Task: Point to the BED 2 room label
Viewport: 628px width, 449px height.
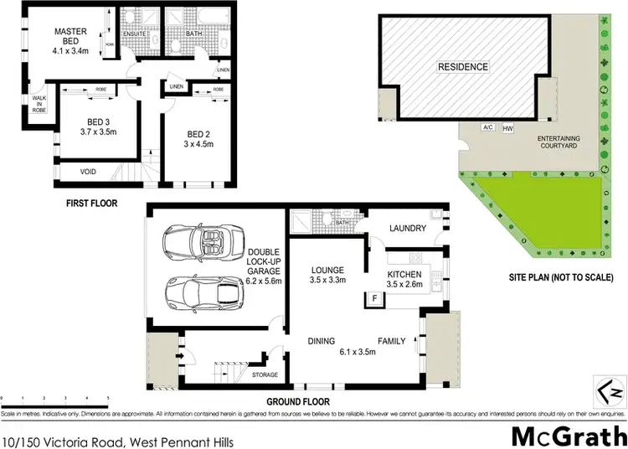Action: point(198,138)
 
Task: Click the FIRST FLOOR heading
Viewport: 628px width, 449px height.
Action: point(92,203)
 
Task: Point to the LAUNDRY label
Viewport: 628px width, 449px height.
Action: point(409,229)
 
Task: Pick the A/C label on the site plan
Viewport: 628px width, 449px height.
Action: point(486,127)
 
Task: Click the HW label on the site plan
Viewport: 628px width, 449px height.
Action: point(507,127)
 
